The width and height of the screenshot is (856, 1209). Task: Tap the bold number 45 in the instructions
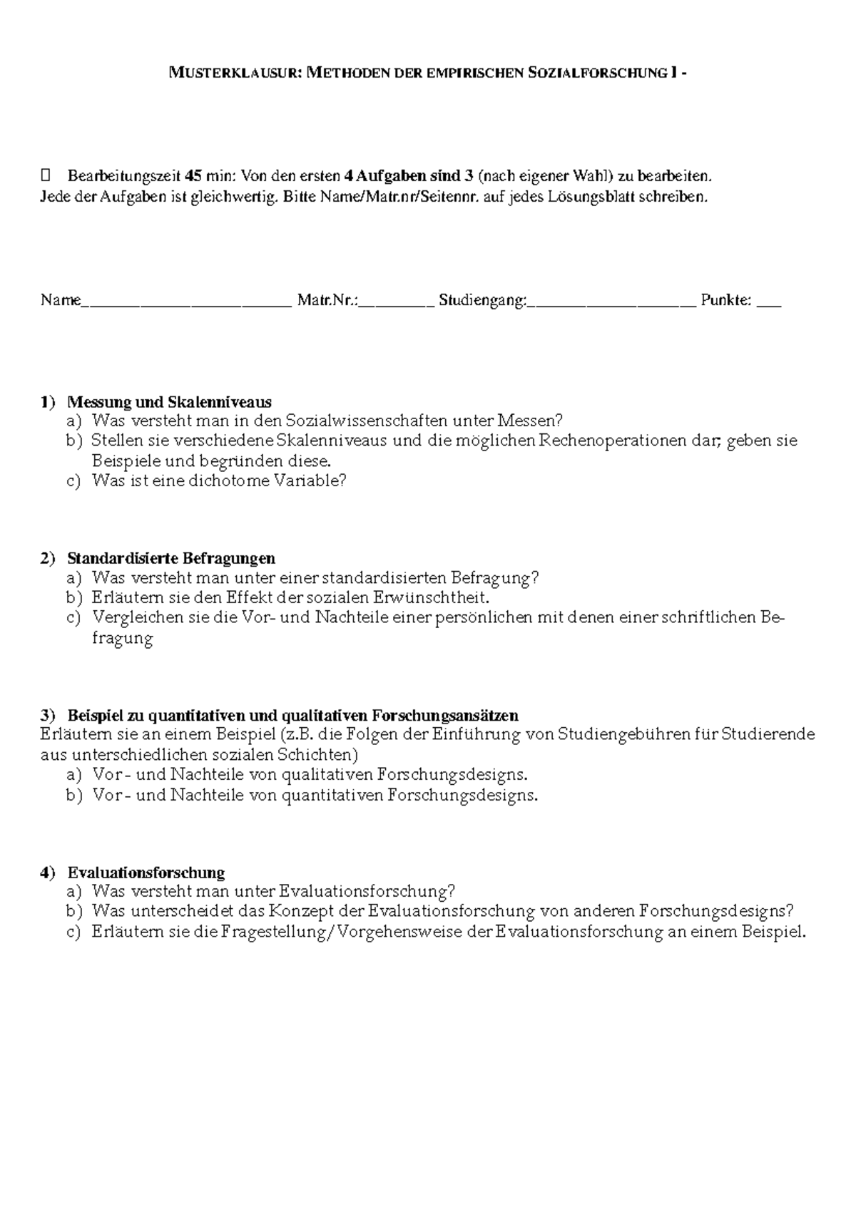(x=193, y=176)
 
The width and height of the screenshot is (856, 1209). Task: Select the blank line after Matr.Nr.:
(x=397, y=303)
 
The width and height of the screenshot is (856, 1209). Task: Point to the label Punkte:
(x=725, y=300)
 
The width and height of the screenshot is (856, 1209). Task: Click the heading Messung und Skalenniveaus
(x=169, y=402)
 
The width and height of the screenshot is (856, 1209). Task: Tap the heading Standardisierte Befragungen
(x=171, y=557)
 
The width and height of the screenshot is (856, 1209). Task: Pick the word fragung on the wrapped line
(x=123, y=638)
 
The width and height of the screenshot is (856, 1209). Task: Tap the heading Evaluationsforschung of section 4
(x=146, y=873)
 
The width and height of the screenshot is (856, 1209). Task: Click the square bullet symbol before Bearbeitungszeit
(x=47, y=176)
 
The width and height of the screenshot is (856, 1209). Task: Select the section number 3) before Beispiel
(x=47, y=715)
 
